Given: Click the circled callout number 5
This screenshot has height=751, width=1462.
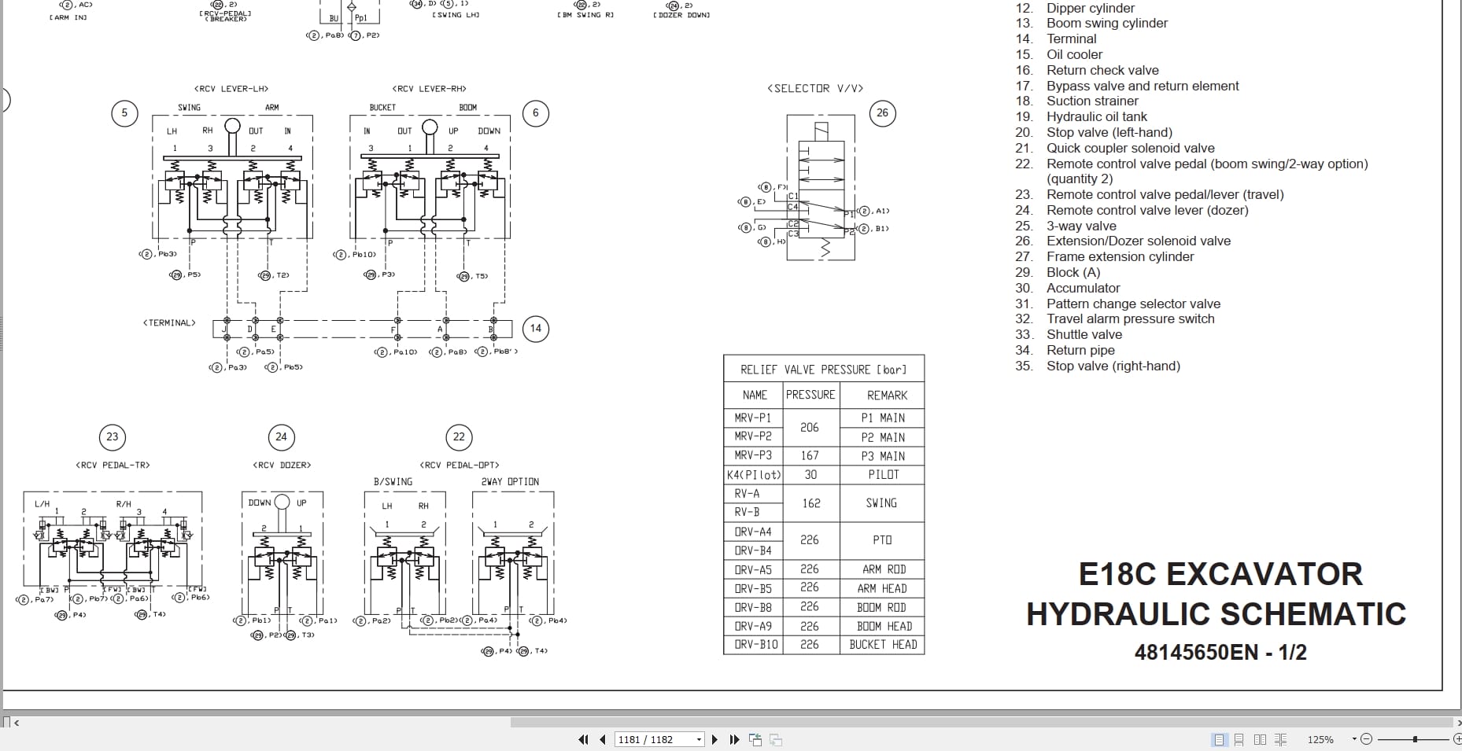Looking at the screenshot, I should [124, 113].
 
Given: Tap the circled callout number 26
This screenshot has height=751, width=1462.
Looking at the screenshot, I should [882, 113].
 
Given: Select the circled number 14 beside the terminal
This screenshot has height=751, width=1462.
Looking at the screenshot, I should [536, 329].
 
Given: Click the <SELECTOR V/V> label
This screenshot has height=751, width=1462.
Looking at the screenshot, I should [814, 88].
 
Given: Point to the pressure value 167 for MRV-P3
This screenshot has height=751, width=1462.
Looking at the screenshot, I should [810, 455].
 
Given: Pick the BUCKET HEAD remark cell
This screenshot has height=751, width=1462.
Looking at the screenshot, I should [883, 645].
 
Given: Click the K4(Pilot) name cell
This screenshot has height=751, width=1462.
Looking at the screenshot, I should [753, 475].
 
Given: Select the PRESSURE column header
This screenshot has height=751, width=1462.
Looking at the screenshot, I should [810, 395].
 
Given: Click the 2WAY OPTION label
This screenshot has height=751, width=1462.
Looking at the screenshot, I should [510, 481].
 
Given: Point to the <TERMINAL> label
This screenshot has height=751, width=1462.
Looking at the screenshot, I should [169, 322].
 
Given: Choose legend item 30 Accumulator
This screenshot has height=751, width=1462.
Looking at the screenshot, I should [1083, 288].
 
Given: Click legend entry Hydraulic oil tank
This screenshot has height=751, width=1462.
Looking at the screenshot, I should [1096, 116].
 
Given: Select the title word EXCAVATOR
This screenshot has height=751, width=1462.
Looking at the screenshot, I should [1264, 574].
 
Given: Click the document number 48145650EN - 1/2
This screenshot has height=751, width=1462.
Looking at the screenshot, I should [1220, 652].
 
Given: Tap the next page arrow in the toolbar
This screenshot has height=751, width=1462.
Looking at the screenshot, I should [714, 739].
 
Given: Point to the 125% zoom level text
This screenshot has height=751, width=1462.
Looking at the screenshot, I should [1320, 739].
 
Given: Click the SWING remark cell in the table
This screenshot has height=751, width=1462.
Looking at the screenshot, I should [881, 503].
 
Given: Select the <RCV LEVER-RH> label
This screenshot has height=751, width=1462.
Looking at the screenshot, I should [429, 89].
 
